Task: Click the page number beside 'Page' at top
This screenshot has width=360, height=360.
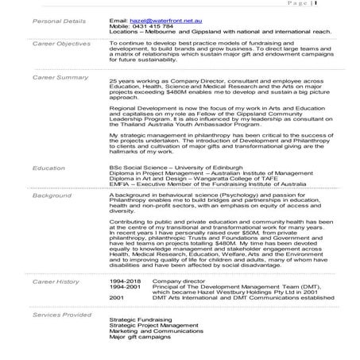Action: [x=315, y=3]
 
